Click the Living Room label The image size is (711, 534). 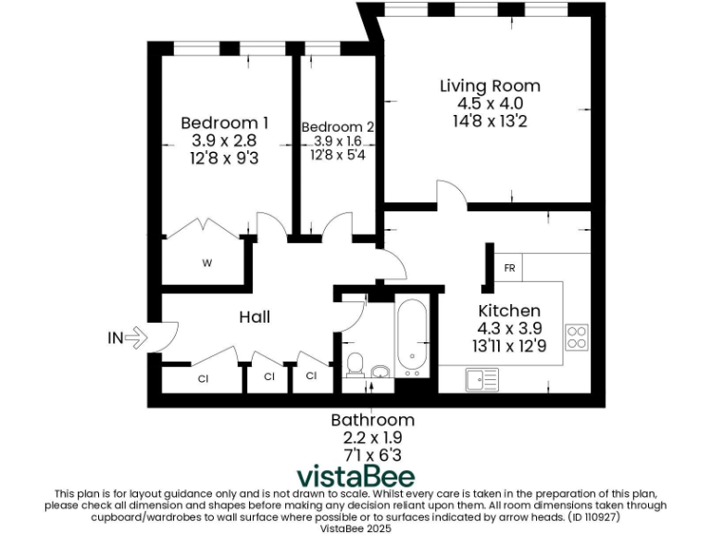click(489, 85)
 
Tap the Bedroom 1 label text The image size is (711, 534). click(224, 122)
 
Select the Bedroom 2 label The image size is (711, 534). click(338, 127)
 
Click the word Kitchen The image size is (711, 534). click(508, 311)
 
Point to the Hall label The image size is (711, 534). click(255, 317)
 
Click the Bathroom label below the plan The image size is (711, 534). click(372, 420)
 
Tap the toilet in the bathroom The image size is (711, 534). click(354, 364)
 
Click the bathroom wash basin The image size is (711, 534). click(380, 373)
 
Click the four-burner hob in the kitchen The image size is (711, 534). click(577, 337)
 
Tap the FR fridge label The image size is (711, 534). click(509, 268)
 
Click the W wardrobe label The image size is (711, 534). click(206, 263)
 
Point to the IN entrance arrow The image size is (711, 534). click(128, 338)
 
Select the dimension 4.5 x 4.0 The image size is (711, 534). click(489, 103)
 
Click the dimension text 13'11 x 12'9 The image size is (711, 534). click(508, 346)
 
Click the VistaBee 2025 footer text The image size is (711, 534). click(355, 528)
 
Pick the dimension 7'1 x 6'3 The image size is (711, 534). click(372, 454)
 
